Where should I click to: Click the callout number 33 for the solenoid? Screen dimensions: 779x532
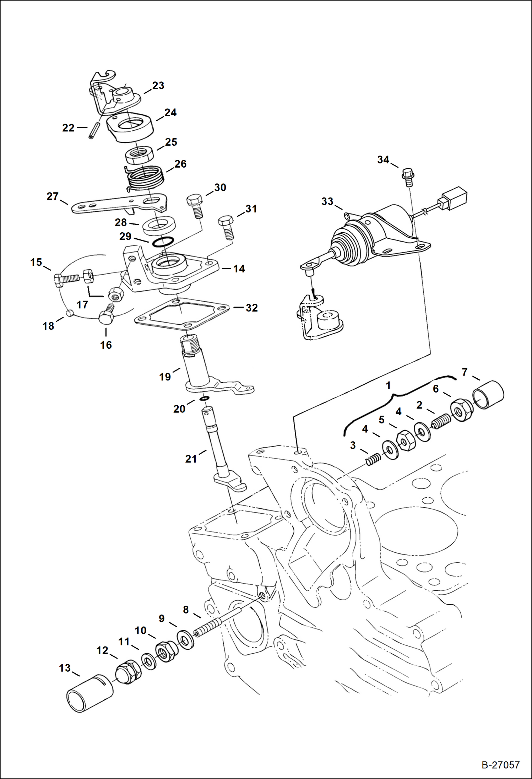327,201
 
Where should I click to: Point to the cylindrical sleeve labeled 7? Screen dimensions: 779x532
489,395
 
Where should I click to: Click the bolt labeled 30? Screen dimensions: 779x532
195,205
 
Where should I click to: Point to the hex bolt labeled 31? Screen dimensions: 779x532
226,227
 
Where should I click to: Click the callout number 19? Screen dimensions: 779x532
165,377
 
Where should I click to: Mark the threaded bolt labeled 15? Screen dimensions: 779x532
67,278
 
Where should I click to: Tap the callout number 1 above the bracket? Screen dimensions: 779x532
388,385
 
